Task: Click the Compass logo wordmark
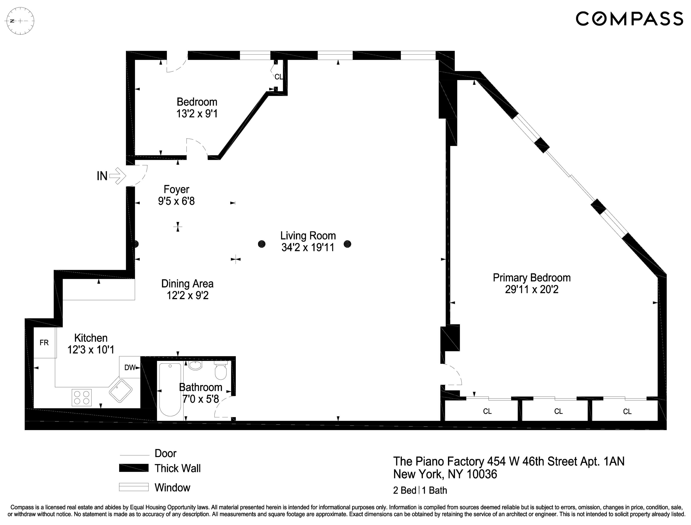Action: click(629, 19)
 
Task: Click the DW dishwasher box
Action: click(130, 368)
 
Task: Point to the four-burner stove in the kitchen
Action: click(82, 398)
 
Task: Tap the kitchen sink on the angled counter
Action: click(121, 391)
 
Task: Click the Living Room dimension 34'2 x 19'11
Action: click(308, 248)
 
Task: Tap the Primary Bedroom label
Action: click(531, 277)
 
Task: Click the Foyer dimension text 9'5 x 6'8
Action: click(176, 201)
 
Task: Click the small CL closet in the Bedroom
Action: click(278, 77)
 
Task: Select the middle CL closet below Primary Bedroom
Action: click(558, 411)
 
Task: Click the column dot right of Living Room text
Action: click(347, 244)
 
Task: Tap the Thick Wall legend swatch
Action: click(134, 468)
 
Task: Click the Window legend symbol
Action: click(134, 487)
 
